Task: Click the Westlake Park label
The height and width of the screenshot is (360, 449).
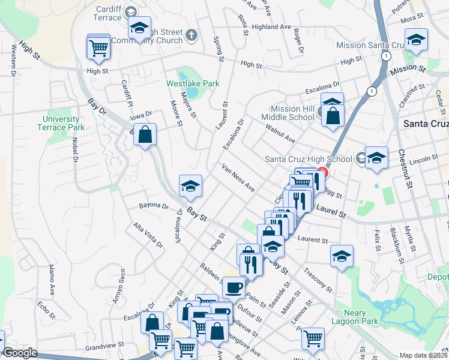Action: pos(193,83)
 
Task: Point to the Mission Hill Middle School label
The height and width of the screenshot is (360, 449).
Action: pos(288,113)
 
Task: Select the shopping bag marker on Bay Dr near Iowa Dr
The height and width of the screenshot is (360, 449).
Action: pos(145,136)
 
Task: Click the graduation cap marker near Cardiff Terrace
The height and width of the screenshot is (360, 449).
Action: pos(139,29)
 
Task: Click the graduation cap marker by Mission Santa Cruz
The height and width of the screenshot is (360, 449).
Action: pos(416,40)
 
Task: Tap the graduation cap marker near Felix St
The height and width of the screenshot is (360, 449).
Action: pos(342,256)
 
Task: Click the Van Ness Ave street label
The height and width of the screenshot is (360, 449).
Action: pos(238,178)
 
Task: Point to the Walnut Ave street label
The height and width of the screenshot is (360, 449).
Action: pos(281,134)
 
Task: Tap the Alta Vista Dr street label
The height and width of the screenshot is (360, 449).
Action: pos(148,235)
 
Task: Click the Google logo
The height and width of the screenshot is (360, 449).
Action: pos(19,353)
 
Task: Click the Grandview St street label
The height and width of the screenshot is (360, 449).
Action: pos(104,346)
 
